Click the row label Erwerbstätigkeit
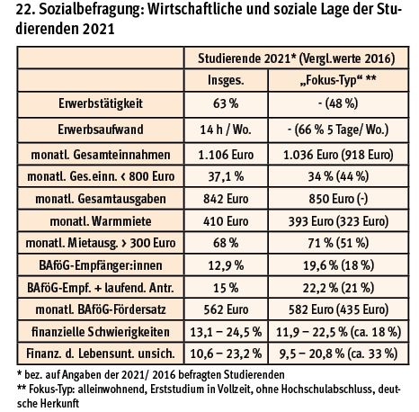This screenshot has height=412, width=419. coord(101,103)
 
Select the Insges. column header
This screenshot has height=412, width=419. coord(226,80)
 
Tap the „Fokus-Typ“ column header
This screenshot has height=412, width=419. coord(338,80)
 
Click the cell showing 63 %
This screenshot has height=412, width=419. coord(226,103)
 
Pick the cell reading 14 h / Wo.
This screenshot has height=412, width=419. coord(226,130)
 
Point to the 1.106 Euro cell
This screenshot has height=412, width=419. coord(226,155)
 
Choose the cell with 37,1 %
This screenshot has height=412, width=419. coord(226,176)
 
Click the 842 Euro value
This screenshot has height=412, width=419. coord(226,199)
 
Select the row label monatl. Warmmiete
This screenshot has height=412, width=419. coord(101,221)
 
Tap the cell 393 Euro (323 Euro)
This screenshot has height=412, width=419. coord(338,221)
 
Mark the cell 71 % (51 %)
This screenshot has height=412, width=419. coord(338,243)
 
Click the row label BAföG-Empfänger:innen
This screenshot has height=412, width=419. coord(101,265)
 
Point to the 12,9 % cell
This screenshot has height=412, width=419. coord(226,265)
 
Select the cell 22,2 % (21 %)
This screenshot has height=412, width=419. coord(338,288)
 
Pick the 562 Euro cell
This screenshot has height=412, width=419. coord(226,309)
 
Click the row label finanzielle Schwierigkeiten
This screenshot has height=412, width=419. coord(101,332)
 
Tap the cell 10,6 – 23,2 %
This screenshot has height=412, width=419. coord(226,354)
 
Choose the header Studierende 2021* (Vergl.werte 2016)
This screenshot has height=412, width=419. coord(297,58)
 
